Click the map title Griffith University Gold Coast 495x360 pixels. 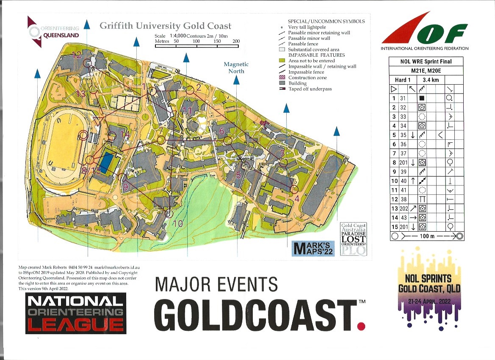pyautogui.click(x=166, y=26)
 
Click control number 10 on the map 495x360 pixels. pyautogui.click(x=178, y=224)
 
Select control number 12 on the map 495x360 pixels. pyautogui.click(x=77, y=55)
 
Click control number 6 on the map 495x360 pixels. pyautogui.click(x=221, y=131)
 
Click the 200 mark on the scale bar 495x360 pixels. pyautogui.click(x=236, y=42)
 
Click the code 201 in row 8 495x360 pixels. pyautogui.click(x=403, y=162)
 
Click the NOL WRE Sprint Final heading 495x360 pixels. pyautogui.click(x=426, y=61)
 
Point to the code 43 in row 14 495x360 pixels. pyautogui.click(x=403, y=217)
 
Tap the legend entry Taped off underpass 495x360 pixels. pyautogui.click(x=310, y=89)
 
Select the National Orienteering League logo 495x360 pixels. pyautogui.click(x=75, y=313)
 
